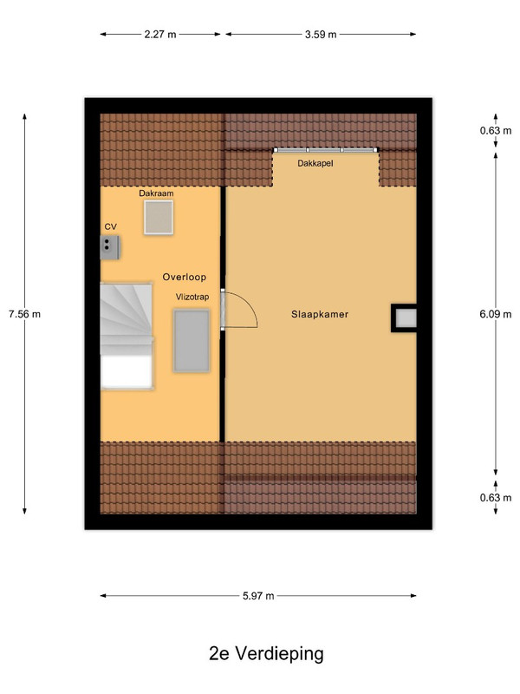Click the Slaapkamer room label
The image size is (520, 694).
tap(320, 314)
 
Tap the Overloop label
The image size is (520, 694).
tap(185, 277)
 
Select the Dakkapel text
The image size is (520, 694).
tap(315, 163)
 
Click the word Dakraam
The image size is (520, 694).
tap(156, 193)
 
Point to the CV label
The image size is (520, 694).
tap(111, 226)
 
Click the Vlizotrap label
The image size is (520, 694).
tap(192, 297)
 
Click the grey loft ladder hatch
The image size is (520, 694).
tap(192, 341)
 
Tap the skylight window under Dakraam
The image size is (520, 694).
tap(159, 217)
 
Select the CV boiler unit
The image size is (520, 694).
tap(110, 248)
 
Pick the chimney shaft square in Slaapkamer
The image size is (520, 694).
tap(404, 318)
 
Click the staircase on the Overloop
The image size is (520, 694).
tap(127, 337)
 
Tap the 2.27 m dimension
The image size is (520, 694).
tap(160, 34)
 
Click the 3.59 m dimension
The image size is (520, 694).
tap(321, 34)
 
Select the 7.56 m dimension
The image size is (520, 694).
tap(25, 314)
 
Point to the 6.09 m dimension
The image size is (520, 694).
tap(496, 314)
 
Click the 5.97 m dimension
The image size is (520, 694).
tap(258, 596)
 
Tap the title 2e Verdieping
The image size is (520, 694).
tap(266, 653)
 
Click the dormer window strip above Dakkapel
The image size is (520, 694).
tap(326, 150)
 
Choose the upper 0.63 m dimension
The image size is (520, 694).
tap(496, 131)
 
